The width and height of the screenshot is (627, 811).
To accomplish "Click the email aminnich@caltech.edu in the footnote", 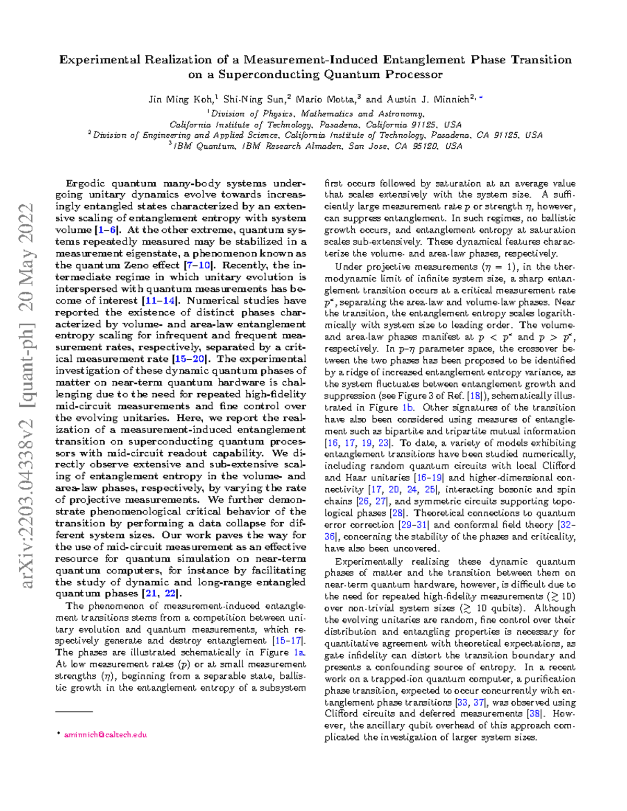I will [x=105, y=735].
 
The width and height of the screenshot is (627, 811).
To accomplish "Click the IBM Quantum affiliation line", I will [x=316, y=146].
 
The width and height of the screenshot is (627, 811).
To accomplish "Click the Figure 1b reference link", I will [x=408, y=408].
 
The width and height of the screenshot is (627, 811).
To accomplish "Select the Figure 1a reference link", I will [x=299, y=653].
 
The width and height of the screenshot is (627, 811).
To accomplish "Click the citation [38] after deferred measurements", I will [x=534, y=714].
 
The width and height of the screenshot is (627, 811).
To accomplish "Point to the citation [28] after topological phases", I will [x=397, y=513].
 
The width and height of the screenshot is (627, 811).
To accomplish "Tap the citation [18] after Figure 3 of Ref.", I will [x=475, y=396].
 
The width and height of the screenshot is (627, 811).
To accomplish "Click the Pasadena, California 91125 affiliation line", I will [x=316, y=125].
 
